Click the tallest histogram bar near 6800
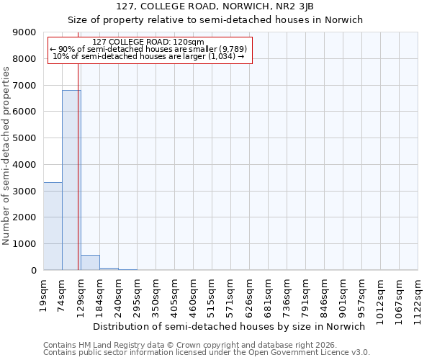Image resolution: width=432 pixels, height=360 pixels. [x=71, y=180]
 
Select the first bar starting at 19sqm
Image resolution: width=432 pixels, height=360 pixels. [x=53, y=226]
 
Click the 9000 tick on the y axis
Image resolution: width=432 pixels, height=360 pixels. [x=24, y=32]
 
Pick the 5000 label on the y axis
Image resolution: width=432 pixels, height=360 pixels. [x=24, y=138]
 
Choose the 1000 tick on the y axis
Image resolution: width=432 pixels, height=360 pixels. [x=24, y=244]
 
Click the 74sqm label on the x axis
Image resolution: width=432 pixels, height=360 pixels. [x=63, y=294]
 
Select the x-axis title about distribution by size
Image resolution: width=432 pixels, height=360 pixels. [x=230, y=326]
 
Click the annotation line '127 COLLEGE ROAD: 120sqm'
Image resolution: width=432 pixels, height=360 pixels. [x=149, y=42]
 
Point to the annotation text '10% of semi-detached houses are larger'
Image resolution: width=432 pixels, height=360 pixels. [x=149, y=56]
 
